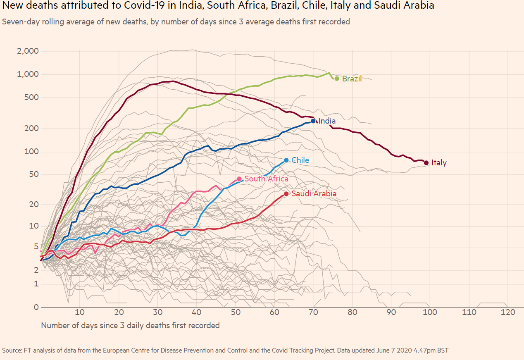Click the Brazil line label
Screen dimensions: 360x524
point(352,79)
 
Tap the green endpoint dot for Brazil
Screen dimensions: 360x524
point(337,79)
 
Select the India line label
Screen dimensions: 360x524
point(327,121)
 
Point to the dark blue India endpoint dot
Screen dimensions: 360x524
point(313,121)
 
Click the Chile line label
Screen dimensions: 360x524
point(300,160)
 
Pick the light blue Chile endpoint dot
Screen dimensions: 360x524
point(286,160)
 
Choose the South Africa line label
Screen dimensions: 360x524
point(266,179)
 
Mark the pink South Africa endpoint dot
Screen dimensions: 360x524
point(239,179)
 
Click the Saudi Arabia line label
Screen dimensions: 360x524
point(314,193)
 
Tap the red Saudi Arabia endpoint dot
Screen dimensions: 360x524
point(286,194)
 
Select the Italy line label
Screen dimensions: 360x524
point(439,163)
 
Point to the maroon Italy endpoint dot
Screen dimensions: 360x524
point(426,163)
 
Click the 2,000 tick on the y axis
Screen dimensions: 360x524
point(28,51)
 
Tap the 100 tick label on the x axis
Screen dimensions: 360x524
point(430,312)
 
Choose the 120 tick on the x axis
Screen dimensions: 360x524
point(507,312)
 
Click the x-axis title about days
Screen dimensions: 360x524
point(130,325)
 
